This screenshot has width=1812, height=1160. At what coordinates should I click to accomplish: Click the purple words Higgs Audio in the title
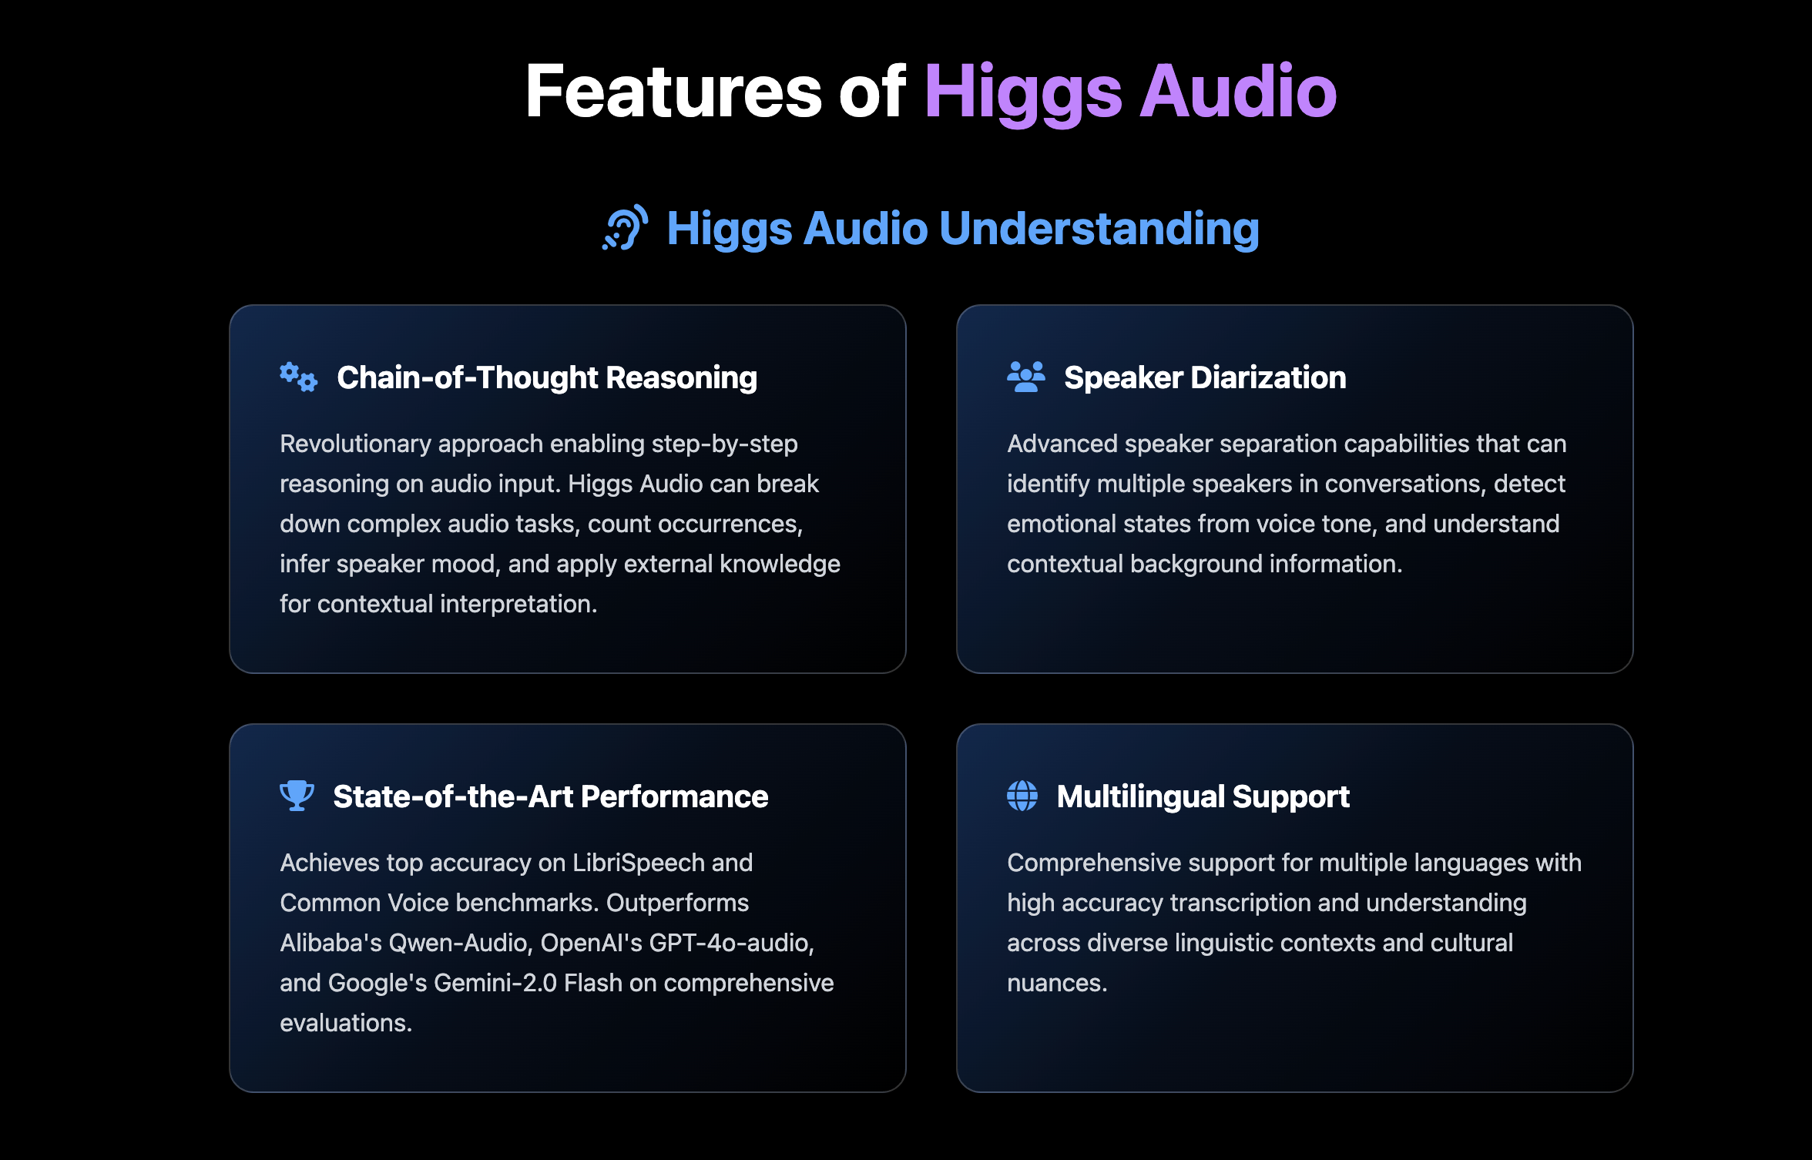1129,92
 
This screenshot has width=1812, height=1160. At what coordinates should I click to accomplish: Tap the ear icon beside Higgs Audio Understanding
625,228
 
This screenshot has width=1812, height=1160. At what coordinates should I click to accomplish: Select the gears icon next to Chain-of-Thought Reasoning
298,377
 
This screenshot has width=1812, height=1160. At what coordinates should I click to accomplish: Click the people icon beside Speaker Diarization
1025,377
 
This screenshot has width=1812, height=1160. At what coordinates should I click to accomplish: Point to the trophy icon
297,796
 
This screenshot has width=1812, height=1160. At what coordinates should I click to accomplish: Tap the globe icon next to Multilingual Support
1022,796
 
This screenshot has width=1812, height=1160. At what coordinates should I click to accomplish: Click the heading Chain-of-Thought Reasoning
547,377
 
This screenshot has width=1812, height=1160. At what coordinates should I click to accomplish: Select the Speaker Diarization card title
1205,377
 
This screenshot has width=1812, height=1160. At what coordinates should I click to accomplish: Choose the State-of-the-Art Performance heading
550,796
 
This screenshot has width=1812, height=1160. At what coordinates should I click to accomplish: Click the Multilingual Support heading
1203,796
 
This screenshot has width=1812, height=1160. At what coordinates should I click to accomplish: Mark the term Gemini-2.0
495,983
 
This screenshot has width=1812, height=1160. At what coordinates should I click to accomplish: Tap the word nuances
1056,983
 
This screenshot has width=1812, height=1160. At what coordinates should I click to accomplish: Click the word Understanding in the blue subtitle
1099,230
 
